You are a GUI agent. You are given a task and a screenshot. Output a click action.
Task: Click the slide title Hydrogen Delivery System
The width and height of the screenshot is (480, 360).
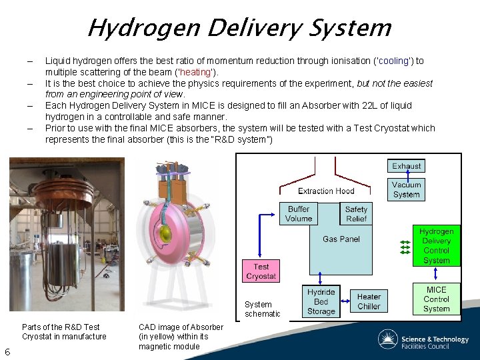[239, 28]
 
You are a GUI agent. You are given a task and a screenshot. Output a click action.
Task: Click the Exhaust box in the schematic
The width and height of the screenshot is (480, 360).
[406, 166]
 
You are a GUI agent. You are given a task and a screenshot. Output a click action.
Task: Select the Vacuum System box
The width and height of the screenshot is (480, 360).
[406, 189]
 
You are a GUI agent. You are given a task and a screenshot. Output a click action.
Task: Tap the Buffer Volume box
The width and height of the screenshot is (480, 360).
[299, 214]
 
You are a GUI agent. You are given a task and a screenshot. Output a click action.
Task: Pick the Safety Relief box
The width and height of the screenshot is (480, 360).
[356, 214]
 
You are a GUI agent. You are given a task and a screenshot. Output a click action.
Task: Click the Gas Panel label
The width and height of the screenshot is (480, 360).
[341, 239]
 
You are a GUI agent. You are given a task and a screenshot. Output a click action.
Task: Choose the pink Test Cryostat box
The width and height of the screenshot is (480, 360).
[261, 271]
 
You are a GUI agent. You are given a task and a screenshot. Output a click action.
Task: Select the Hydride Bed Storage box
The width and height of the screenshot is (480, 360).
[321, 302]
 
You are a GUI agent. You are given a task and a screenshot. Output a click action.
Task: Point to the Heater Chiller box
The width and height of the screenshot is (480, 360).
[369, 302]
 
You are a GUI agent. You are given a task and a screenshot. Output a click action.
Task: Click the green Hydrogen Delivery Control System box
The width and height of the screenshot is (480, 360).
[436, 246]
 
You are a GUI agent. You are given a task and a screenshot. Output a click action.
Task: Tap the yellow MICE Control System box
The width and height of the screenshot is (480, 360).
[436, 299]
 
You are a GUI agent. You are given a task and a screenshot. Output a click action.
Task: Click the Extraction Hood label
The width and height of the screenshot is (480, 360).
[326, 191]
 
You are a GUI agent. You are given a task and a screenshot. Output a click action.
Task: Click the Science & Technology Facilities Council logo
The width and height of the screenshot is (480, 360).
[423, 340]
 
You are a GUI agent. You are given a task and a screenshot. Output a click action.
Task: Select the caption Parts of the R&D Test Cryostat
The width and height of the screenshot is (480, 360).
[64, 331]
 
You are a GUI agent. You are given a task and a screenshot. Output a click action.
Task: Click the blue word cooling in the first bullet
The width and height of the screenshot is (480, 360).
[393, 61]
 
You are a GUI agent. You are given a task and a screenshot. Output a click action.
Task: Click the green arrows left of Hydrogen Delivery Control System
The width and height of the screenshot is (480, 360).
[405, 247]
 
